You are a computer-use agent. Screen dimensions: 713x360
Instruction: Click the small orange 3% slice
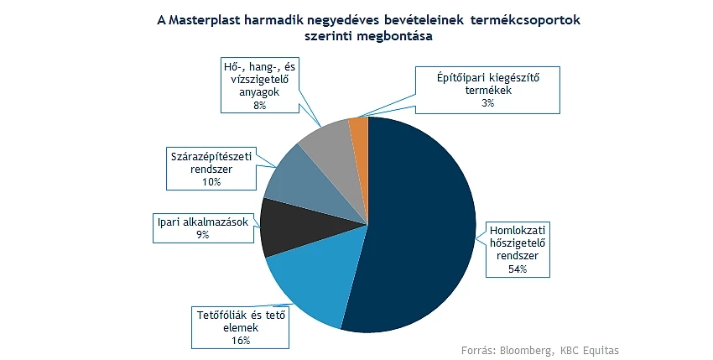coord(359,137)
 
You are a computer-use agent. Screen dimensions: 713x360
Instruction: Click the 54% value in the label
coord(518,269)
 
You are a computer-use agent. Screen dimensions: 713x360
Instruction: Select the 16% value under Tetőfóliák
coord(241,340)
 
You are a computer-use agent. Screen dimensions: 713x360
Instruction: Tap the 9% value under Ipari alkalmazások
coord(203,234)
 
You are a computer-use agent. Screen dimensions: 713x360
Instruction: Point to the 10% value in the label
coord(212,181)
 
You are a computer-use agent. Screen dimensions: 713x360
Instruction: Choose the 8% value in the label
coord(260,105)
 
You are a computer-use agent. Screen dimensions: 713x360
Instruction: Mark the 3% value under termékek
coord(488,103)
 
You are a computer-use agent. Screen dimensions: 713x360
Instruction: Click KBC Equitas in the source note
coord(590,350)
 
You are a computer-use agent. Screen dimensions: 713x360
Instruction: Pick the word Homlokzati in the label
coord(518,230)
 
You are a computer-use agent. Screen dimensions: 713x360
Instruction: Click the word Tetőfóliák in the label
coord(220,315)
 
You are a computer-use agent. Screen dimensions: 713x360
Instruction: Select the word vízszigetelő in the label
coord(260,80)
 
